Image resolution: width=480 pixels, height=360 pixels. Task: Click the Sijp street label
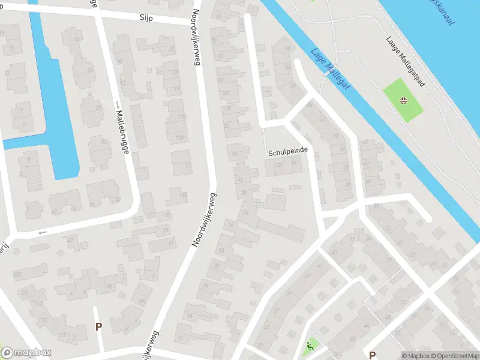(x=146, y=19)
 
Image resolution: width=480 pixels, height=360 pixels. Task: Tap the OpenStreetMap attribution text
(x=455, y=356)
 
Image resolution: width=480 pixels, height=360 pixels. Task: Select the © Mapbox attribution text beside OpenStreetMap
(x=416, y=356)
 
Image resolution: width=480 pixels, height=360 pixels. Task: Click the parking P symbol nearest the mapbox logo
(x=99, y=327)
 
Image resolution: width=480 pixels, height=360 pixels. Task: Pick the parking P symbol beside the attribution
(x=373, y=355)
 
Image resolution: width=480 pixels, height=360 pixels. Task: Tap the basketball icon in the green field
(x=403, y=100)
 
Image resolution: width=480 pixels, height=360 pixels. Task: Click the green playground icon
(x=310, y=346)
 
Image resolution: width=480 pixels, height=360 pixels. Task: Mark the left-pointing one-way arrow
(x=42, y=232)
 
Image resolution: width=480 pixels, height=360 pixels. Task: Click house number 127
(x=17, y=275)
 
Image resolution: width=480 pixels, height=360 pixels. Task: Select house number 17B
(x=179, y=137)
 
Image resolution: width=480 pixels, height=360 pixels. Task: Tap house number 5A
(x=142, y=301)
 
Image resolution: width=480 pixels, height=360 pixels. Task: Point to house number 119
(x=62, y=335)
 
